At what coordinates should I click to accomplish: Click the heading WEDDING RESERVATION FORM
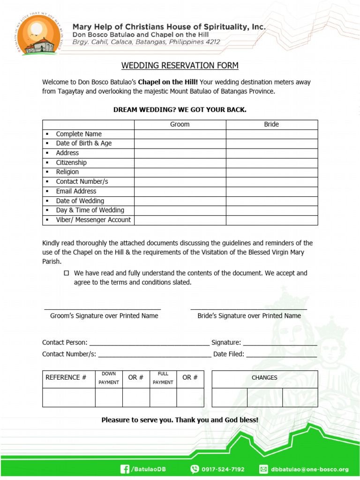[180, 66]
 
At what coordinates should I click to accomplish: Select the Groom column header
[180, 124]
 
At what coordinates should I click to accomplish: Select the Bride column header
[271, 124]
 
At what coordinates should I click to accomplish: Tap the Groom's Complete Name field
[180, 134]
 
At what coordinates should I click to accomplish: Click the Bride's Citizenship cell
[271, 163]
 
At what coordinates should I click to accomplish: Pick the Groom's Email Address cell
[180, 191]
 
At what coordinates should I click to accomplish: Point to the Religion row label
[67, 172]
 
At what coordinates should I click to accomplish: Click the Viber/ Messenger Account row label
[93, 220]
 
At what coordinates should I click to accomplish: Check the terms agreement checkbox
[67, 273]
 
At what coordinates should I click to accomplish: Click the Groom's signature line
[103, 308]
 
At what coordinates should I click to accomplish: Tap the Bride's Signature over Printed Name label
[249, 316]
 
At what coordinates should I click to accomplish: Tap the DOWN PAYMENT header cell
[109, 378]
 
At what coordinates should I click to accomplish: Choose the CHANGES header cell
[264, 378]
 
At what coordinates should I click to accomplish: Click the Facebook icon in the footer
[125, 469]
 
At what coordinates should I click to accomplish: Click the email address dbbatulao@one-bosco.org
[310, 469]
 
